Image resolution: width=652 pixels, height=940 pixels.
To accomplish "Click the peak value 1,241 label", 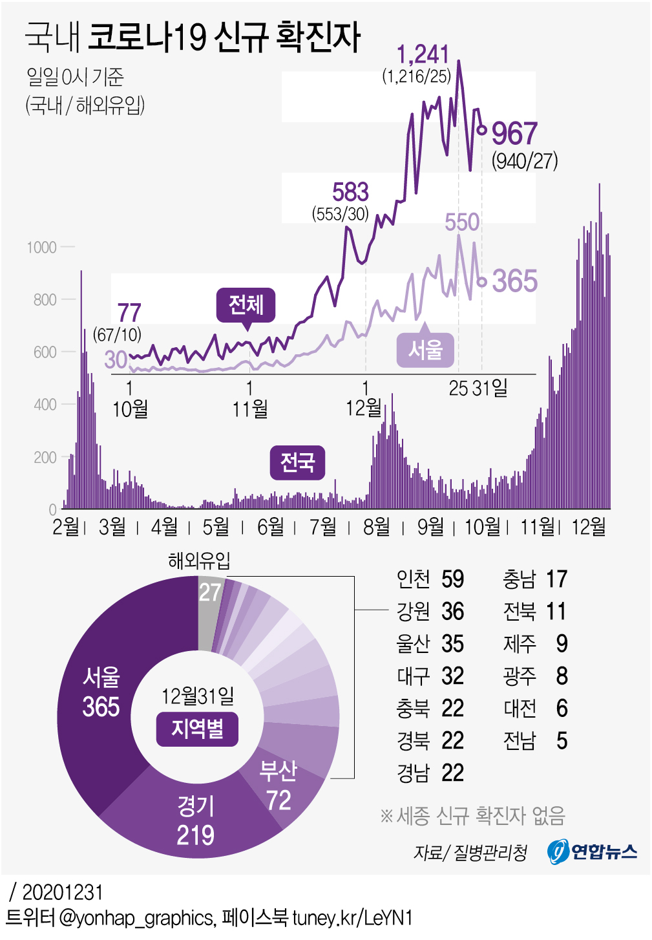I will click(423, 55).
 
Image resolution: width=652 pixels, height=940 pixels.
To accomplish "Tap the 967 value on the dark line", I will click(514, 134).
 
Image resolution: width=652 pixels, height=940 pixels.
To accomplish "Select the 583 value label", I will click(350, 192).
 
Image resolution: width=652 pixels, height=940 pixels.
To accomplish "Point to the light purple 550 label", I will click(462, 222).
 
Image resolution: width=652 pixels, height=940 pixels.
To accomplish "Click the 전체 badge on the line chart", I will click(246, 304).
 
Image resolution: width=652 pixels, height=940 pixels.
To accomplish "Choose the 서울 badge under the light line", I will click(425, 350).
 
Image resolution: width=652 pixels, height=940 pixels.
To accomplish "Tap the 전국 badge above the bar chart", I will click(297, 462).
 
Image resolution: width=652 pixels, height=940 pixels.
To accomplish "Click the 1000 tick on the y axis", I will click(42, 247).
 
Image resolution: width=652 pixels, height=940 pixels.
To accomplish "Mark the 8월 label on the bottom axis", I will click(376, 527).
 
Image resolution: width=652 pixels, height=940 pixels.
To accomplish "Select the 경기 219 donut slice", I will click(195, 821).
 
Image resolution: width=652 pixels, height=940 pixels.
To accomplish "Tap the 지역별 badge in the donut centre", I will click(198, 729).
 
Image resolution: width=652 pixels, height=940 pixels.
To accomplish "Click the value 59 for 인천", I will click(452, 579).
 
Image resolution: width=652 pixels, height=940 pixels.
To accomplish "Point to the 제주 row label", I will click(520, 644).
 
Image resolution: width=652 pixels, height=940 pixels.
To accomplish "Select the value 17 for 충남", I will click(556, 579).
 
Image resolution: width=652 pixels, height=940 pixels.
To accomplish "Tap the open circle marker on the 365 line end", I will click(482, 282).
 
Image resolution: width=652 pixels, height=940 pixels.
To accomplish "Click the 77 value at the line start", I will click(129, 313).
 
